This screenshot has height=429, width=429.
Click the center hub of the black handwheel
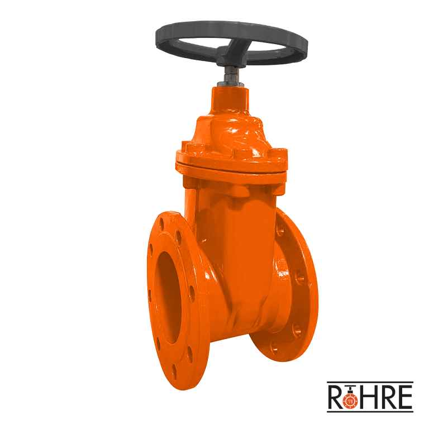point(231,55)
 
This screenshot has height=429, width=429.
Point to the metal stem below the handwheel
point(231,77)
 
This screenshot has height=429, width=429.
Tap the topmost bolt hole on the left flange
point(161,223)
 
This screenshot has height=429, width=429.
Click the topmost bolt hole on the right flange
point(279,229)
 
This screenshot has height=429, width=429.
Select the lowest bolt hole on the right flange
point(274,349)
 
